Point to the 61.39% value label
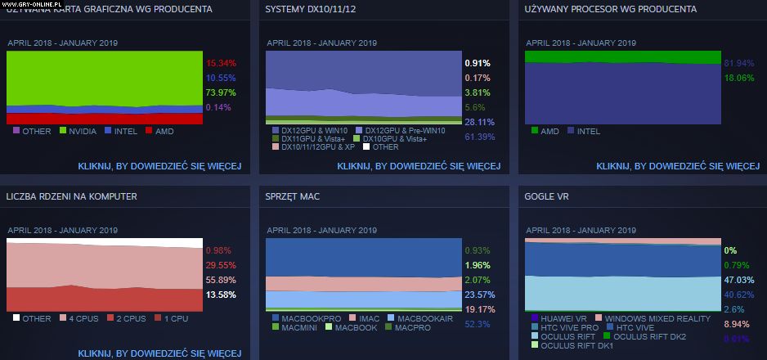tap(479, 137)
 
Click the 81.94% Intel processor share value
tap(739, 63)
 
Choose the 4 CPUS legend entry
tap(80, 317)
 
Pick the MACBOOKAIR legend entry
tap(424, 317)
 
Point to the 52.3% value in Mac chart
tap(477, 324)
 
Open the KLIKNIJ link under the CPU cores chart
tap(159, 353)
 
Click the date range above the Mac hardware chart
tap(321, 230)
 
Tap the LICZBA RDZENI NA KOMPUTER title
tap(71, 196)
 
